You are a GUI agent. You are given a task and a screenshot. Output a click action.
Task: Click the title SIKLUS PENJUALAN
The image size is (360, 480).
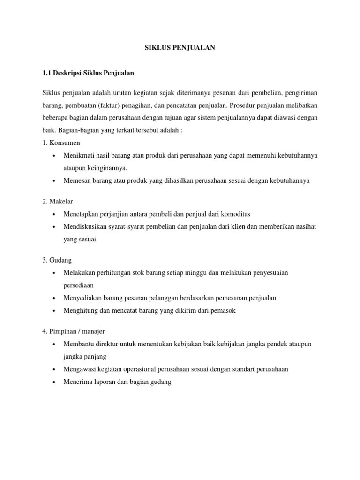(180, 48)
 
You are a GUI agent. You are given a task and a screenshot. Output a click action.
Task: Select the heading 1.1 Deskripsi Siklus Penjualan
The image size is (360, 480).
(89, 74)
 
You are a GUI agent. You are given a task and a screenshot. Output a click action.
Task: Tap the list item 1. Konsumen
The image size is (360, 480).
(61, 142)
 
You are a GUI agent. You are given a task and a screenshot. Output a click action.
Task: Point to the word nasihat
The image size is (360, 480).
(304, 226)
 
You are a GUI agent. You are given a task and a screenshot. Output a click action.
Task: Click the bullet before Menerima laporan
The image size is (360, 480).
(55, 382)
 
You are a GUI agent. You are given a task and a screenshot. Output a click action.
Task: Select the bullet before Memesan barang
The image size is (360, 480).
(55, 181)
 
